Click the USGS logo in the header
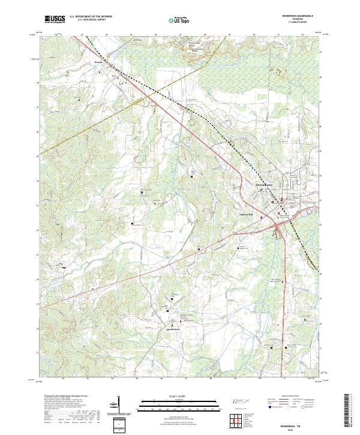55,19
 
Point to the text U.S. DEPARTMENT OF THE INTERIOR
91,17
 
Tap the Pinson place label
99,61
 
